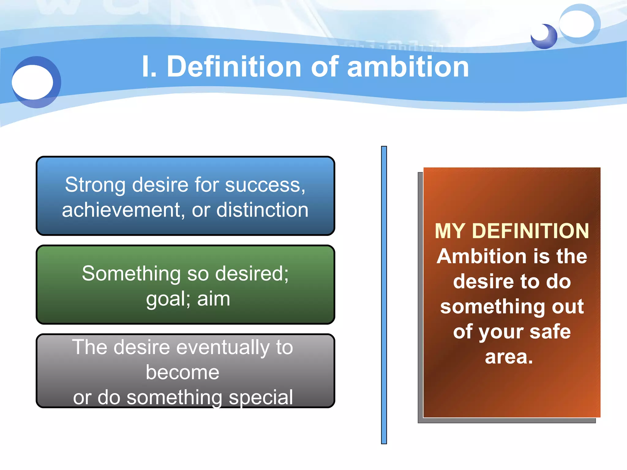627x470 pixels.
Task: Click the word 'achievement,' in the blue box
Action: point(122,211)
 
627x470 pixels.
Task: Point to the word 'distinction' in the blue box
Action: point(262,211)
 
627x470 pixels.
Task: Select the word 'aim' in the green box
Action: point(213,299)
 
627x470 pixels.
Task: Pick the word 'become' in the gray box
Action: point(182,373)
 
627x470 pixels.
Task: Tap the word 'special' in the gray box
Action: point(261,398)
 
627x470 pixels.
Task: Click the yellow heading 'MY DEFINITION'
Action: point(512,231)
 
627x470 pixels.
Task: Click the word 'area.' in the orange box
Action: point(509,357)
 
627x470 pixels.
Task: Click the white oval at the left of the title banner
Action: point(32,82)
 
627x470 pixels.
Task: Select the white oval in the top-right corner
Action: point(577,24)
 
